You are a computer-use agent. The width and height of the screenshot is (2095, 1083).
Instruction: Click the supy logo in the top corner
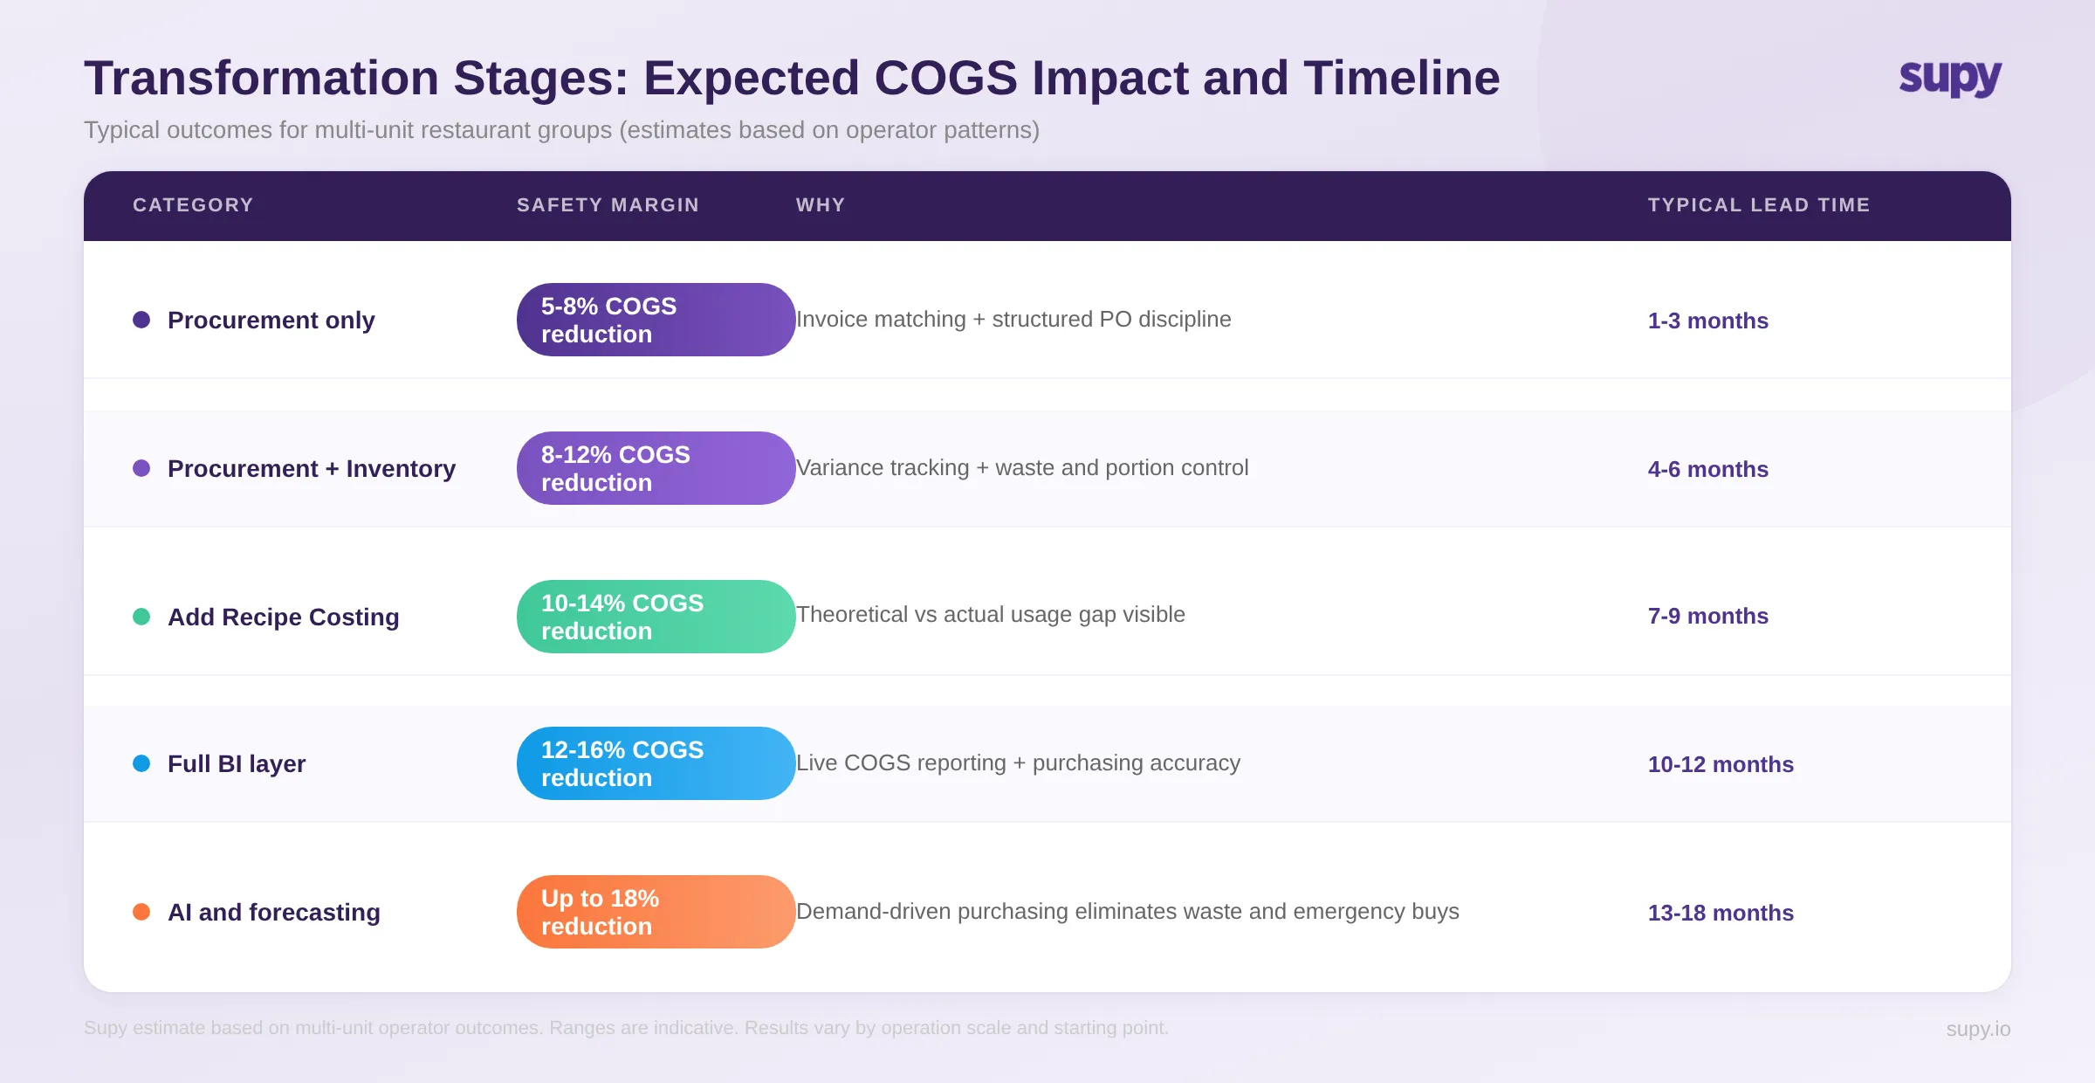[1949, 79]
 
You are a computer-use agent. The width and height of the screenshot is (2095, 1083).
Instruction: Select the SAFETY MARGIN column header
[608, 205]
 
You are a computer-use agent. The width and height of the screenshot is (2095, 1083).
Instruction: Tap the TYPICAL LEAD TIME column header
[1758, 205]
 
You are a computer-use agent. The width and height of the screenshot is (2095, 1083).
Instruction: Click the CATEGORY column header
[193, 205]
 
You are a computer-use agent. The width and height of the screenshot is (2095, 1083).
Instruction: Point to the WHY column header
[820, 205]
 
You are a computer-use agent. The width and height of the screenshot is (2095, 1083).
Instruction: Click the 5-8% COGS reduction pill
[655, 320]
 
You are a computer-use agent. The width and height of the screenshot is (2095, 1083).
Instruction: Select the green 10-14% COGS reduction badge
[655, 617]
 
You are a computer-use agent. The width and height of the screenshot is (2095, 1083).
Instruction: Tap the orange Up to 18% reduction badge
[655, 912]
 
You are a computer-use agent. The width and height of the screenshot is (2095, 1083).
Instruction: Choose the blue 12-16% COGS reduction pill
[655, 763]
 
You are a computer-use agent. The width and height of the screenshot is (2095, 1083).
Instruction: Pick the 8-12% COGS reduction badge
[655, 468]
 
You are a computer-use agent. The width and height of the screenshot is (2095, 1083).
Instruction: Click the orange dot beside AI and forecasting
[141, 912]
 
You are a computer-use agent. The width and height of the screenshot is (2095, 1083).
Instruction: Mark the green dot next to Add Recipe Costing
[141, 617]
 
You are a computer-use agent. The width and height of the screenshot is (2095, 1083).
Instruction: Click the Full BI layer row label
[236, 764]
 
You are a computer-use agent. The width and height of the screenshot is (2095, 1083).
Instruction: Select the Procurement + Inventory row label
[311, 469]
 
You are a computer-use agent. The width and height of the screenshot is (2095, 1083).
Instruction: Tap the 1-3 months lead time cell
[1707, 321]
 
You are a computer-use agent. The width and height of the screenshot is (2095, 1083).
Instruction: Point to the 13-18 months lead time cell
[1720, 913]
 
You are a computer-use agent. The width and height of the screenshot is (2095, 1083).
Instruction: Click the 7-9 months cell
[1707, 616]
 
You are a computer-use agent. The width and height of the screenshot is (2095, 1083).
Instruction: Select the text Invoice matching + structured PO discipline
[1013, 320]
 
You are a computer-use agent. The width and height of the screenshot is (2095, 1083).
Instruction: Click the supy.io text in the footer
[1977, 1029]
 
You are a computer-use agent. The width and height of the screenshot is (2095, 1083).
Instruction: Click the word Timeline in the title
[1401, 79]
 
